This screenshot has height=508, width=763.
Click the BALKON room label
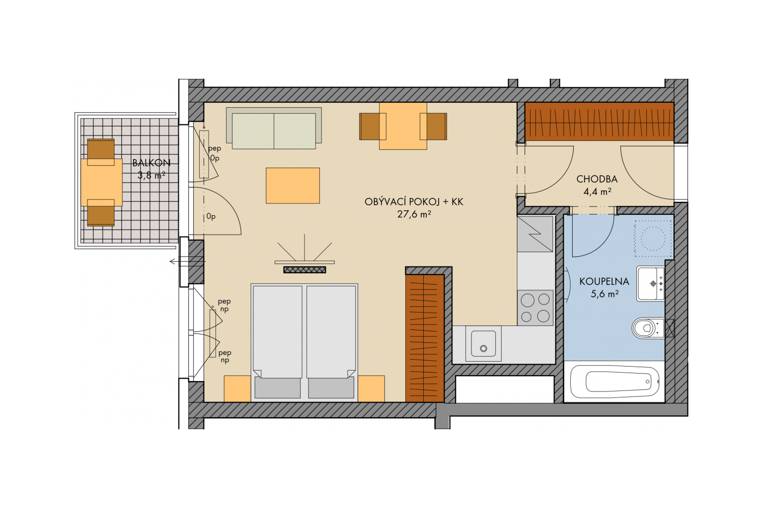(x=151, y=163)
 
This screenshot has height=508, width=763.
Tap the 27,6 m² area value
(x=414, y=214)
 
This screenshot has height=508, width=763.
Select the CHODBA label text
(x=597, y=179)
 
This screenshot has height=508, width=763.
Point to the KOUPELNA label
(x=604, y=281)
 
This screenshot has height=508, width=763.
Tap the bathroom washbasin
(x=651, y=283)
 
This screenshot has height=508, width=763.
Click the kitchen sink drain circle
(x=483, y=348)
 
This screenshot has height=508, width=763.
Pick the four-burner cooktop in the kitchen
(x=535, y=308)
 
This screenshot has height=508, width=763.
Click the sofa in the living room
(x=274, y=128)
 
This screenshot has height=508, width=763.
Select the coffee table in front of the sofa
(x=293, y=186)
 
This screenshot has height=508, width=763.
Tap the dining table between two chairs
(x=403, y=126)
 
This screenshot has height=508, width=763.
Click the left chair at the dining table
(x=372, y=127)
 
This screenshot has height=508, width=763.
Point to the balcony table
(x=101, y=182)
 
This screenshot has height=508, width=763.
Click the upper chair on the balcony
(x=101, y=152)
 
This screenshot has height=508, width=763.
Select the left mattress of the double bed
(x=277, y=332)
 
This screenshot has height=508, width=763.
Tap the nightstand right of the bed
(x=371, y=388)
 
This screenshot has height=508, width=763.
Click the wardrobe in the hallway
(x=600, y=122)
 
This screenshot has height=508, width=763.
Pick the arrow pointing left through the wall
(x=188, y=261)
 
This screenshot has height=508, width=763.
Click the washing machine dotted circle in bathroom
(x=653, y=238)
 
